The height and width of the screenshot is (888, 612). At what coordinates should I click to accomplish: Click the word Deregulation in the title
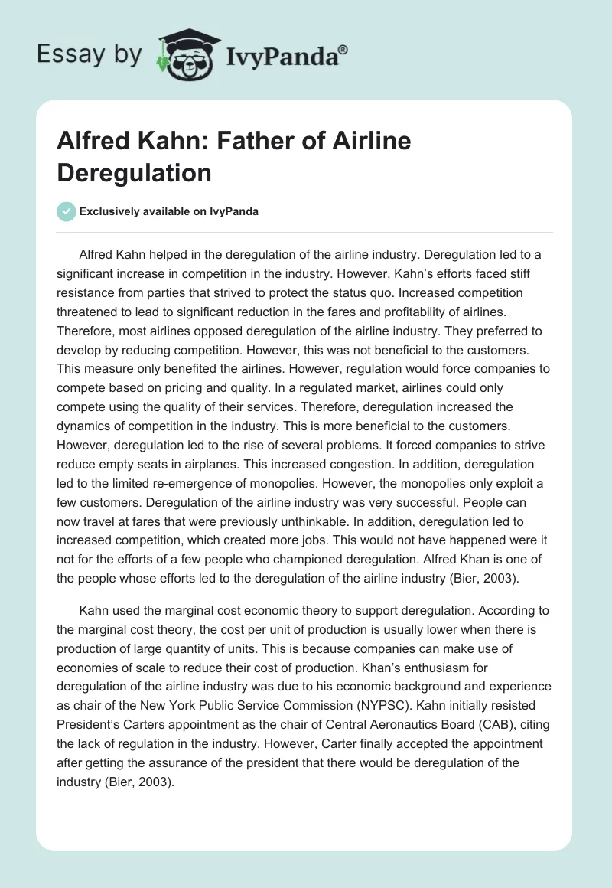tap(134, 172)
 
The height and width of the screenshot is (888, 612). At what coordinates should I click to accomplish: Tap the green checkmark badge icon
tap(67, 211)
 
